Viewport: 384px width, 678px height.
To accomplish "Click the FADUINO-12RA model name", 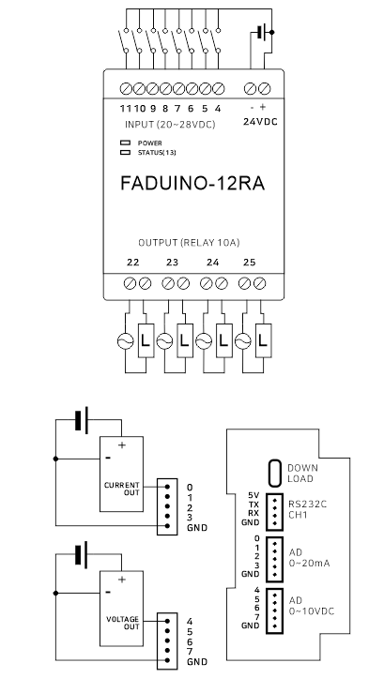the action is tap(192, 184).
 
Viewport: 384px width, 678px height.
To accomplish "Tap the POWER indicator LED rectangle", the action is tap(125, 143).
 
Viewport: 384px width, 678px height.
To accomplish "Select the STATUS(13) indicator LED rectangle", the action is tap(125, 152).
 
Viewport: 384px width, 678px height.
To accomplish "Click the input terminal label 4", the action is tap(218, 109).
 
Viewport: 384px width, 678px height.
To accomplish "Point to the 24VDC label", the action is tap(260, 122).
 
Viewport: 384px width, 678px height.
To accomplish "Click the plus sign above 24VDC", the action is tap(263, 107).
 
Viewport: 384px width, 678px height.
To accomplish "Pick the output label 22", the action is tap(133, 262).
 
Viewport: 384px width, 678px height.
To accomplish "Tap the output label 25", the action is tap(250, 262).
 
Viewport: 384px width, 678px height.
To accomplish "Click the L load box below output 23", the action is tap(185, 341).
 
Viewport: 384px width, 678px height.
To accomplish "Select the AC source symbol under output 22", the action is tap(125, 341).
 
